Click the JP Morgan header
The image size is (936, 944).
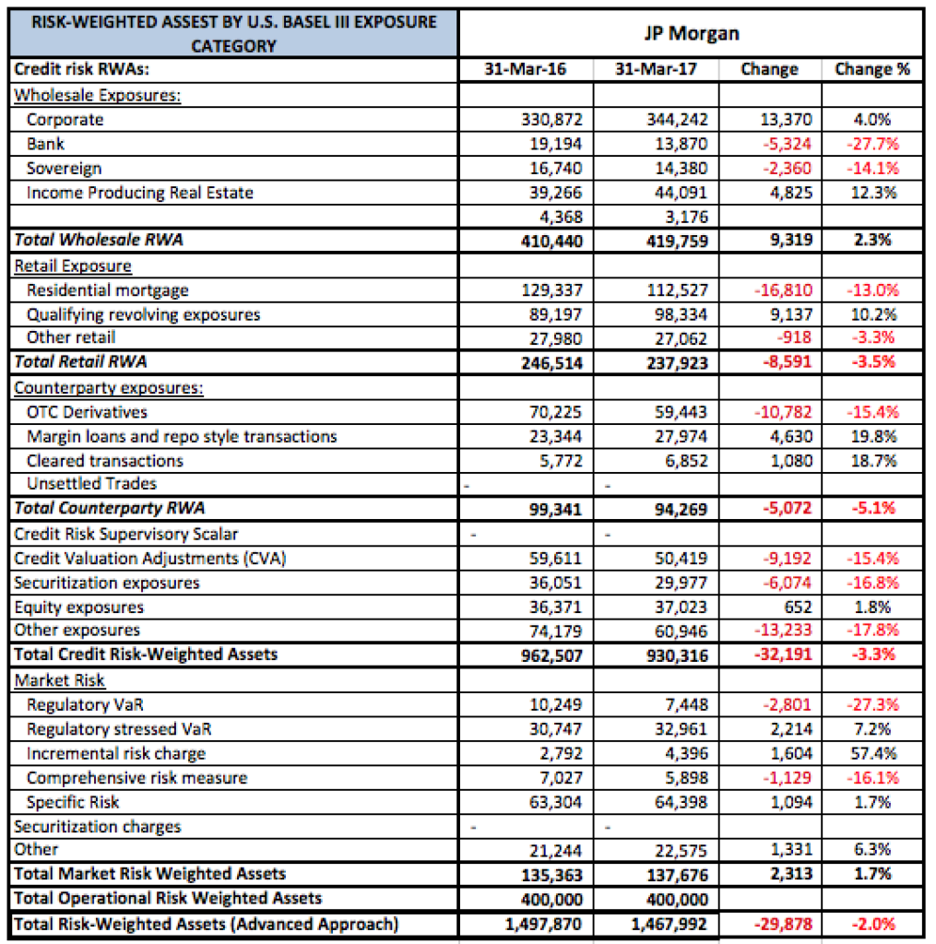pyautogui.click(x=692, y=33)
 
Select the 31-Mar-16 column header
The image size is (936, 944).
pyautogui.click(x=526, y=69)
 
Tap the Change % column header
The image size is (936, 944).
pyautogui.click(x=872, y=69)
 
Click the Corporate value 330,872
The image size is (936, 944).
pyautogui.click(x=551, y=120)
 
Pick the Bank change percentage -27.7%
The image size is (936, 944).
pyautogui.click(x=872, y=144)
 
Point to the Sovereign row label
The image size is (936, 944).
pyautogui.click(x=64, y=169)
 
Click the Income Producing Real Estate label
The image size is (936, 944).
pyautogui.click(x=140, y=193)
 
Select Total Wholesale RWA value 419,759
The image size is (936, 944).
pyautogui.click(x=677, y=242)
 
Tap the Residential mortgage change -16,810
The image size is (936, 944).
pyautogui.click(x=783, y=290)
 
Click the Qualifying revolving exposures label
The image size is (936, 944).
pyautogui.click(x=143, y=315)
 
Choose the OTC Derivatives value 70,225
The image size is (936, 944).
pyautogui.click(x=555, y=412)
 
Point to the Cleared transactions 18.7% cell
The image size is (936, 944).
pyautogui.click(x=873, y=461)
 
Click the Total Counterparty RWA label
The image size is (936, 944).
pyautogui.click(x=109, y=508)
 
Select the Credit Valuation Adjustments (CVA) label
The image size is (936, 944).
pyautogui.click(x=150, y=559)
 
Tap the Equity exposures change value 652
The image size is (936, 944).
pyautogui.click(x=798, y=608)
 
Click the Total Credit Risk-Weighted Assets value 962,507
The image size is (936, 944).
pyautogui.click(x=551, y=655)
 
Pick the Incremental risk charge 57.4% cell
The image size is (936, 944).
pyautogui.click(x=873, y=754)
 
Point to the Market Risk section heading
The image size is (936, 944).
pyautogui.click(x=59, y=680)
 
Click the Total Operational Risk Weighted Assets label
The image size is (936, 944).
pyautogui.click(x=168, y=898)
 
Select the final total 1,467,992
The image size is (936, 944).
pyautogui.click(x=669, y=924)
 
